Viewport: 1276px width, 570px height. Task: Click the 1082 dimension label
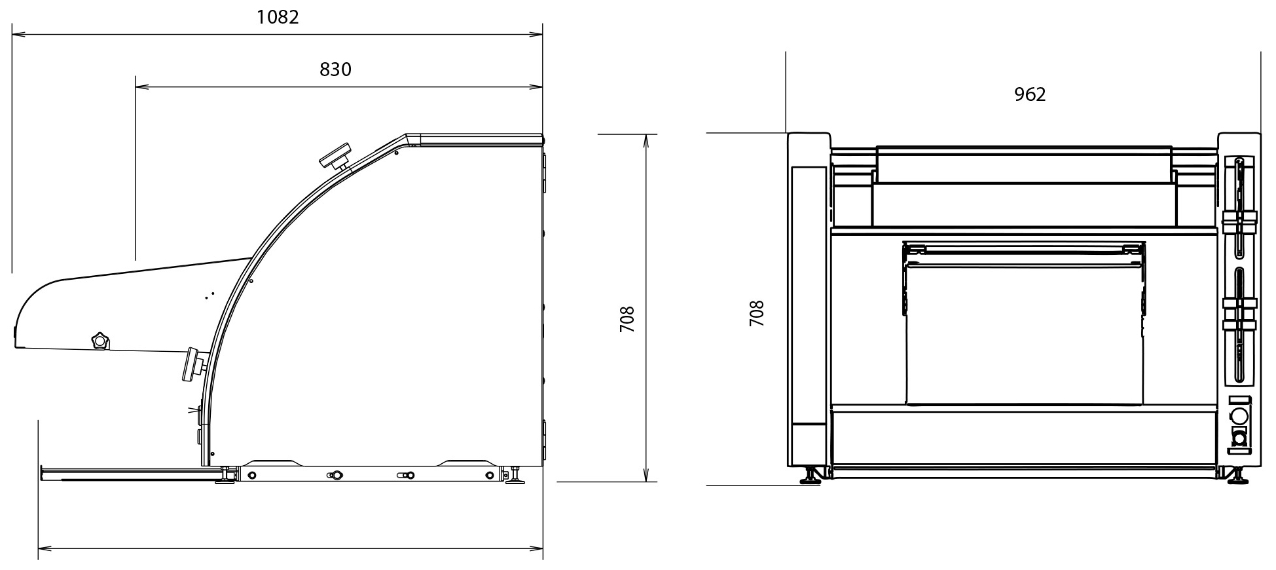[x=278, y=17]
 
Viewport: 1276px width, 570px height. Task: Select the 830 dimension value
[x=335, y=69]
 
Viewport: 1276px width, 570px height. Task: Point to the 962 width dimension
[x=1030, y=95]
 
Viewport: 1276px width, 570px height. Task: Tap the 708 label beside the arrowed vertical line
[x=627, y=319]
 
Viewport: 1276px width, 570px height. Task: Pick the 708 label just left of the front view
[x=756, y=314]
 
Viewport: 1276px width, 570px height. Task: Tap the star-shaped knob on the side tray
[x=100, y=341]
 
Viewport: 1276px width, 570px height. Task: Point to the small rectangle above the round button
[x=1239, y=400]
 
